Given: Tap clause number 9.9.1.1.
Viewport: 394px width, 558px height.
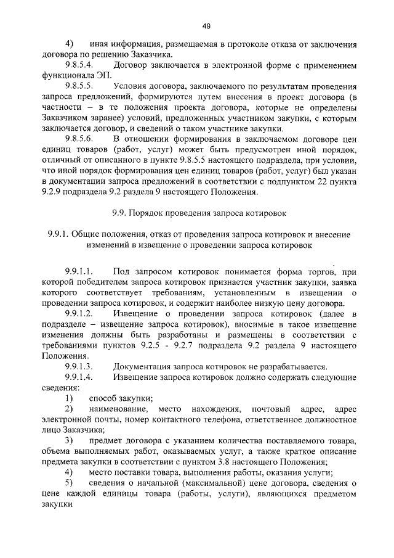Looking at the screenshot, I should (78, 272).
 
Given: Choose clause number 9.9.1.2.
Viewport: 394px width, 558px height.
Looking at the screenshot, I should (78, 314).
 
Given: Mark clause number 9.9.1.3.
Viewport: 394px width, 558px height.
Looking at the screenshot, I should (78, 366).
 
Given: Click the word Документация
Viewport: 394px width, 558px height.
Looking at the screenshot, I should (142, 366).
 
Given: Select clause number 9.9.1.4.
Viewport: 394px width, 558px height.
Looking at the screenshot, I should (78, 377).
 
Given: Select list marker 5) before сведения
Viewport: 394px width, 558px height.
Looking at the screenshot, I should (69, 482).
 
